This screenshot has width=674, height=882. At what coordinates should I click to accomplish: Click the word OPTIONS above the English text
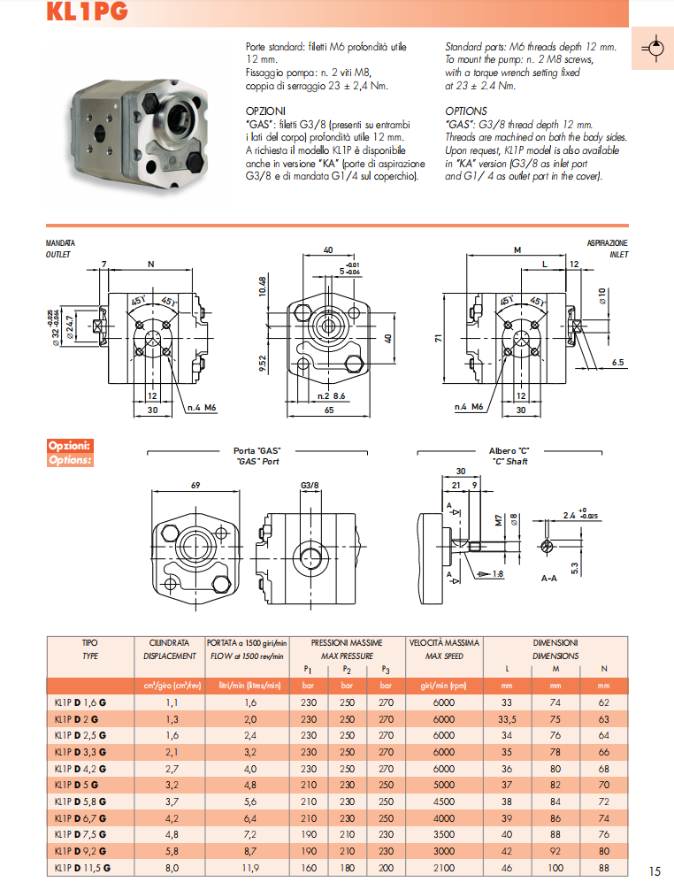(466, 111)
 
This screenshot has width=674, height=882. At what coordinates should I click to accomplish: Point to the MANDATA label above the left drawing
(60, 242)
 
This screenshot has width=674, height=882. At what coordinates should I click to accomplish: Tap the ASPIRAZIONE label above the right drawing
(607, 242)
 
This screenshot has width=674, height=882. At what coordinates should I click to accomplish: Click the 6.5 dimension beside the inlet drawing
(617, 362)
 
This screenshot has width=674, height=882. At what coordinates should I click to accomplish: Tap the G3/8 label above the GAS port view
(309, 485)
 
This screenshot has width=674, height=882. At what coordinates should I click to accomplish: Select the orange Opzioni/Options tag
(70, 453)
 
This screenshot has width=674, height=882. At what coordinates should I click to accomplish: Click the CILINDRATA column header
(169, 642)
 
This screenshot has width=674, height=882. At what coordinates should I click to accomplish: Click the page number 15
(655, 870)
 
